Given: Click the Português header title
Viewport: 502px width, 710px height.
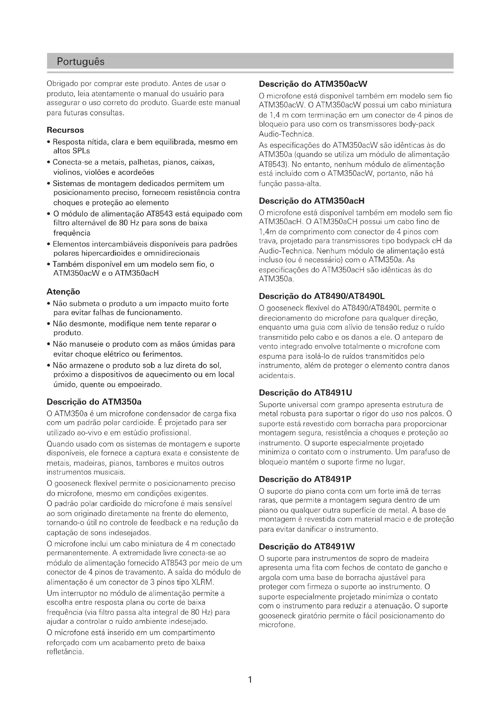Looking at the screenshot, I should tap(81, 62).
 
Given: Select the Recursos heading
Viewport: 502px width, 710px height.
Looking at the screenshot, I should tap(65, 130).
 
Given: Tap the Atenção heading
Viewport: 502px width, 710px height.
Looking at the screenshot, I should tap(63, 292).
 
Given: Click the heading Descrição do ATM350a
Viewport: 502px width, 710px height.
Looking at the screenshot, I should tap(94, 402).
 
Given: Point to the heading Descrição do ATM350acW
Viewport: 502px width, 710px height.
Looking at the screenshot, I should tap(313, 84).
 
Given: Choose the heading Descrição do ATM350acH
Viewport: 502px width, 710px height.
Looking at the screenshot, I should tap(312, 201).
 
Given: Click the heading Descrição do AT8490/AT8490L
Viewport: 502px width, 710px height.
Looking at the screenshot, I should tap(321, 296).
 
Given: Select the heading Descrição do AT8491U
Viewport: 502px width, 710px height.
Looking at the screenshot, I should tap(305, 393).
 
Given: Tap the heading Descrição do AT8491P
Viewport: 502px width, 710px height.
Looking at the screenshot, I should tap(305, 479).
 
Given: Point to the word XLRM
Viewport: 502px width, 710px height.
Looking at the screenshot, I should tap(202, 582).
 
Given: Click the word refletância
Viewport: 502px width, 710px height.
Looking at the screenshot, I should tap(65, 652).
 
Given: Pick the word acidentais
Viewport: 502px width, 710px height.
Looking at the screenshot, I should tap(277, 376).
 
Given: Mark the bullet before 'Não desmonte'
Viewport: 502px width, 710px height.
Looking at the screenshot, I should tap(49, 324).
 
